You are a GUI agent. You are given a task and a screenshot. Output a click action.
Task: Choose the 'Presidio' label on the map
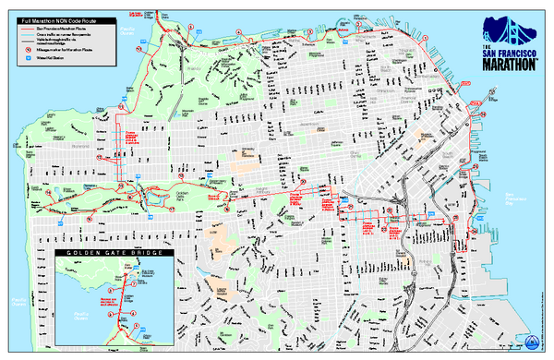pyautogui.click(x=193, y=68)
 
